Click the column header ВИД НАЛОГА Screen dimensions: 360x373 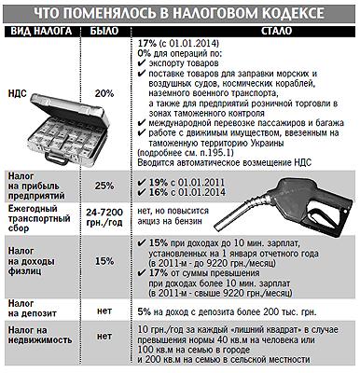tap(42, 31)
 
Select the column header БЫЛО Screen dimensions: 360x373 tap(104, 31)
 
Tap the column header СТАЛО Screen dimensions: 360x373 tap(276, 31)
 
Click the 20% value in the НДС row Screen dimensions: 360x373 tap(104, 93)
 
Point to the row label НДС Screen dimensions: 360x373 tap(17, 93)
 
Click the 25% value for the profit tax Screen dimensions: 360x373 tap(104, 186)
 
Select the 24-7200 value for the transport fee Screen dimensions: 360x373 tap(104, 213)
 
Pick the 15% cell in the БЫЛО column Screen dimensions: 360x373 tap(104, 261)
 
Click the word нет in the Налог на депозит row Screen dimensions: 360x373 tap(104, 311)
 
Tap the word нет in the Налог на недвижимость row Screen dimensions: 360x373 tap(104, 337)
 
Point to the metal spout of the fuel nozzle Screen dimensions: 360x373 tap(239, 212)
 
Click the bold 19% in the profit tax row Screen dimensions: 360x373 tap(159, 183)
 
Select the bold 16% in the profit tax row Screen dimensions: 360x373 tap(159, 192)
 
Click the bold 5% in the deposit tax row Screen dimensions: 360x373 tap(145, 311)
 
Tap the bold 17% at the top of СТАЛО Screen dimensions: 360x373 tap(147, 43)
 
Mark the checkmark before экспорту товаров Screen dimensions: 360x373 tap(142, 63)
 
